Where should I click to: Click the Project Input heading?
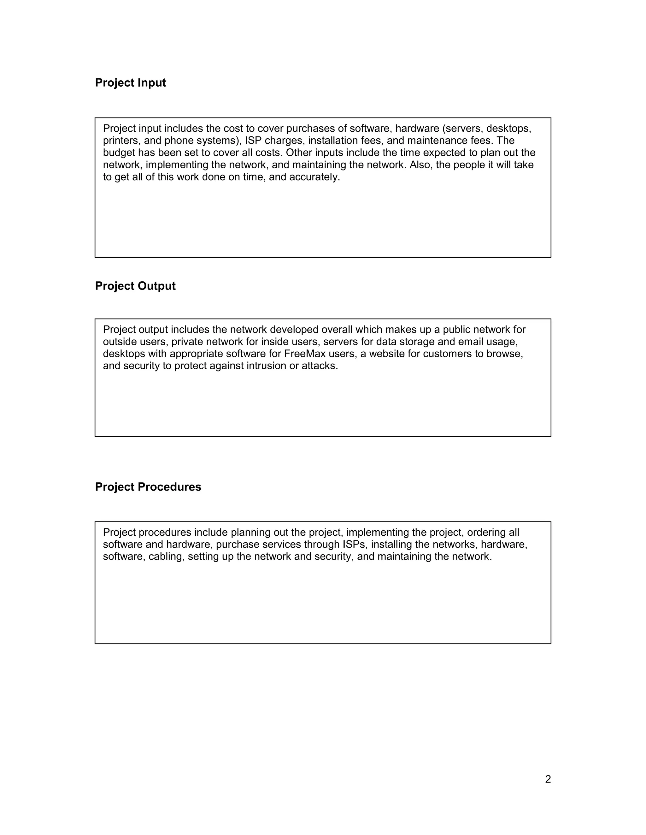[x=130, y=83]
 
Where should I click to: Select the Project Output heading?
[x=135, y=286]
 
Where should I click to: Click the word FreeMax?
[x=305, y=354]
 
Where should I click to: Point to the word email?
[x=471, y=342]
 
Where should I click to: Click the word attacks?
[x=320, y=366]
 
